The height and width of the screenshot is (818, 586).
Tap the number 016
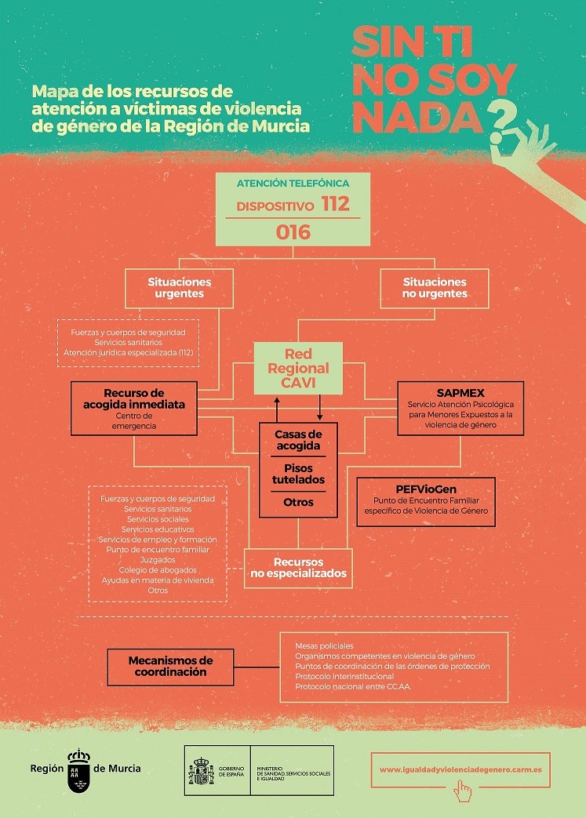(293, 232)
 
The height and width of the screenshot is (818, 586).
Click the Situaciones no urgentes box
(435, 288)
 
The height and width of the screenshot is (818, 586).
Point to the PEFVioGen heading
(426, 489)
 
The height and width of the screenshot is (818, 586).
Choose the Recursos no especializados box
(298, 568)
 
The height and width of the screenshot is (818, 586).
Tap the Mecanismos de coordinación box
(170, 666)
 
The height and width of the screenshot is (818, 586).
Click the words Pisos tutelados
(297, 474)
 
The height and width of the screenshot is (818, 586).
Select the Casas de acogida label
(297, 440)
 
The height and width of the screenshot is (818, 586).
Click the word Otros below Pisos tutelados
(298, 502)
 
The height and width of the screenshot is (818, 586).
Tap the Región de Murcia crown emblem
(78, 763)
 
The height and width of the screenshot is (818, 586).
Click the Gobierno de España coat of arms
(200, 772)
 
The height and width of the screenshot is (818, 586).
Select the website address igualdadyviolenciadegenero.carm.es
(460, 769)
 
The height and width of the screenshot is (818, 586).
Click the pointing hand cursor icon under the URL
(463, 791)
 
